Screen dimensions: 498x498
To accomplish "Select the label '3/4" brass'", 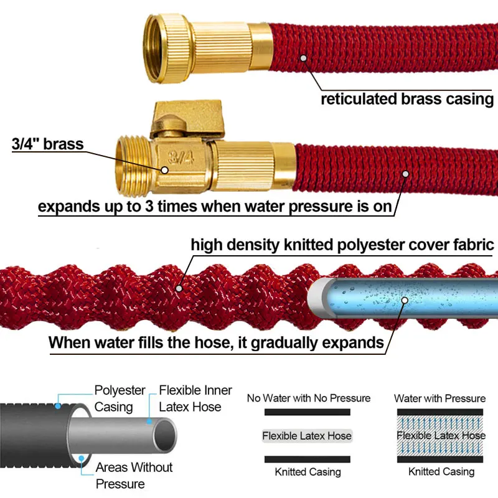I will tap(47, 144).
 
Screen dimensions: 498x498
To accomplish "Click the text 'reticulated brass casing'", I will tap(406, 99).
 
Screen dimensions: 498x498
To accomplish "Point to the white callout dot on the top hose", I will tap(304, 59).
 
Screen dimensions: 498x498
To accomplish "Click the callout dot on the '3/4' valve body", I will tap(164, 169).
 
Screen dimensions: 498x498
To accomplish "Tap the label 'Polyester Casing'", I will tap(120, 398).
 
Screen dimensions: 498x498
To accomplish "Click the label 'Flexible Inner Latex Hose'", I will tap(195, 398).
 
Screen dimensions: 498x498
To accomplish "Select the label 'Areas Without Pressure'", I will tap(134, 475).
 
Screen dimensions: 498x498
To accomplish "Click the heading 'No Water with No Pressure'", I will tap(308, 398).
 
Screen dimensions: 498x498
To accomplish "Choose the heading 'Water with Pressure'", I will tap(440, 398).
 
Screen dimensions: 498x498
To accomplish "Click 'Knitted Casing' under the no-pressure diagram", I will tap(308, 472).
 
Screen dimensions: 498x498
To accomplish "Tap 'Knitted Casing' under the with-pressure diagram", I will tap(441, 472).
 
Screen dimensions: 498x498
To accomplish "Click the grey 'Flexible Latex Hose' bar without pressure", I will tap(308, 436).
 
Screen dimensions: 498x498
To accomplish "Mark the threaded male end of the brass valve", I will tap(130, 163).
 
